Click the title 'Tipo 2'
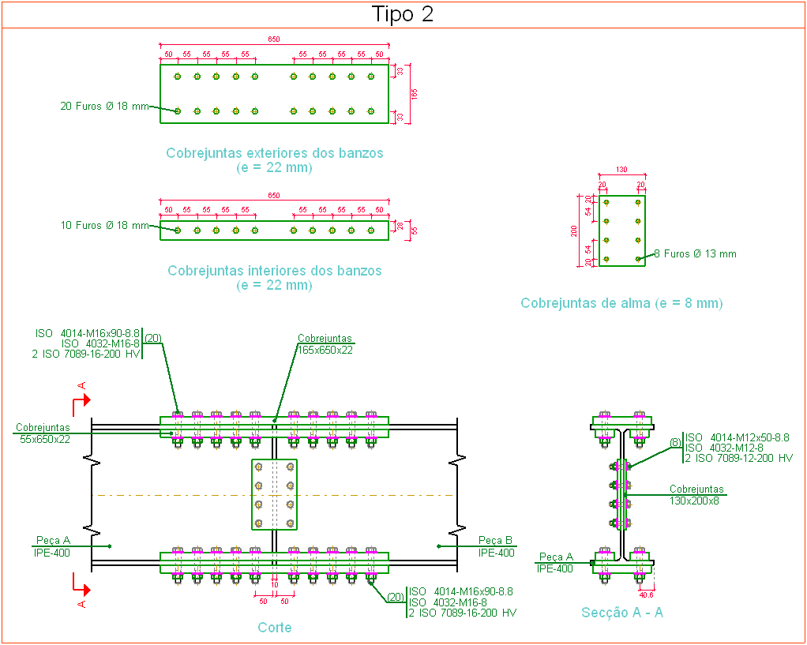403,14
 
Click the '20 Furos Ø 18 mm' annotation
105,106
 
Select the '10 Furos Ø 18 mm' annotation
105,226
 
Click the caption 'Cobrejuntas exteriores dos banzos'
274,153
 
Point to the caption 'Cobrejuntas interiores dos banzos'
274,271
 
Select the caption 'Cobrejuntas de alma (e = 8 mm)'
621,303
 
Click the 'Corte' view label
274,628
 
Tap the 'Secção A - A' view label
622,613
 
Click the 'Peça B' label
496,541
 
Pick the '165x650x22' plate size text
325,350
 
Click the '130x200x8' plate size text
694,501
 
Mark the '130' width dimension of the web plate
621,170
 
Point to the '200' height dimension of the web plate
574,231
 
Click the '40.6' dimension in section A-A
646,595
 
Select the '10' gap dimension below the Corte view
274,585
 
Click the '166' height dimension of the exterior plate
415,94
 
